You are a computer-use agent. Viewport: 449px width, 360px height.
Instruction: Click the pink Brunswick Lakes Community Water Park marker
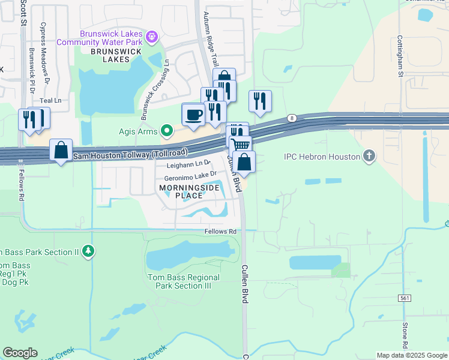pos(152,38)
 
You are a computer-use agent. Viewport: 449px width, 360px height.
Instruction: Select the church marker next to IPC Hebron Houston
pos(369,157)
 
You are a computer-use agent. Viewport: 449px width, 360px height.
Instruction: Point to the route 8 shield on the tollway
pos(291,118)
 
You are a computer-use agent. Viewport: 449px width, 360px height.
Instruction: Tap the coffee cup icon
pos(193,114)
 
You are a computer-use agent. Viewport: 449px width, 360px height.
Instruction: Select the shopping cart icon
pos(240,145)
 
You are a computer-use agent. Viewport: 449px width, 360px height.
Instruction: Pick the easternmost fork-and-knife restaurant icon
pos(260,101)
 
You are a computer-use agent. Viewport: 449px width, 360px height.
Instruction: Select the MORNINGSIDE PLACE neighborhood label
pos(185,192)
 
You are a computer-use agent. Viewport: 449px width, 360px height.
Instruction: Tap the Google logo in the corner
pos(20,353)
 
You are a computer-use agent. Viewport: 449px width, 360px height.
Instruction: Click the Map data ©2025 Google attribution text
pos(412,355)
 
